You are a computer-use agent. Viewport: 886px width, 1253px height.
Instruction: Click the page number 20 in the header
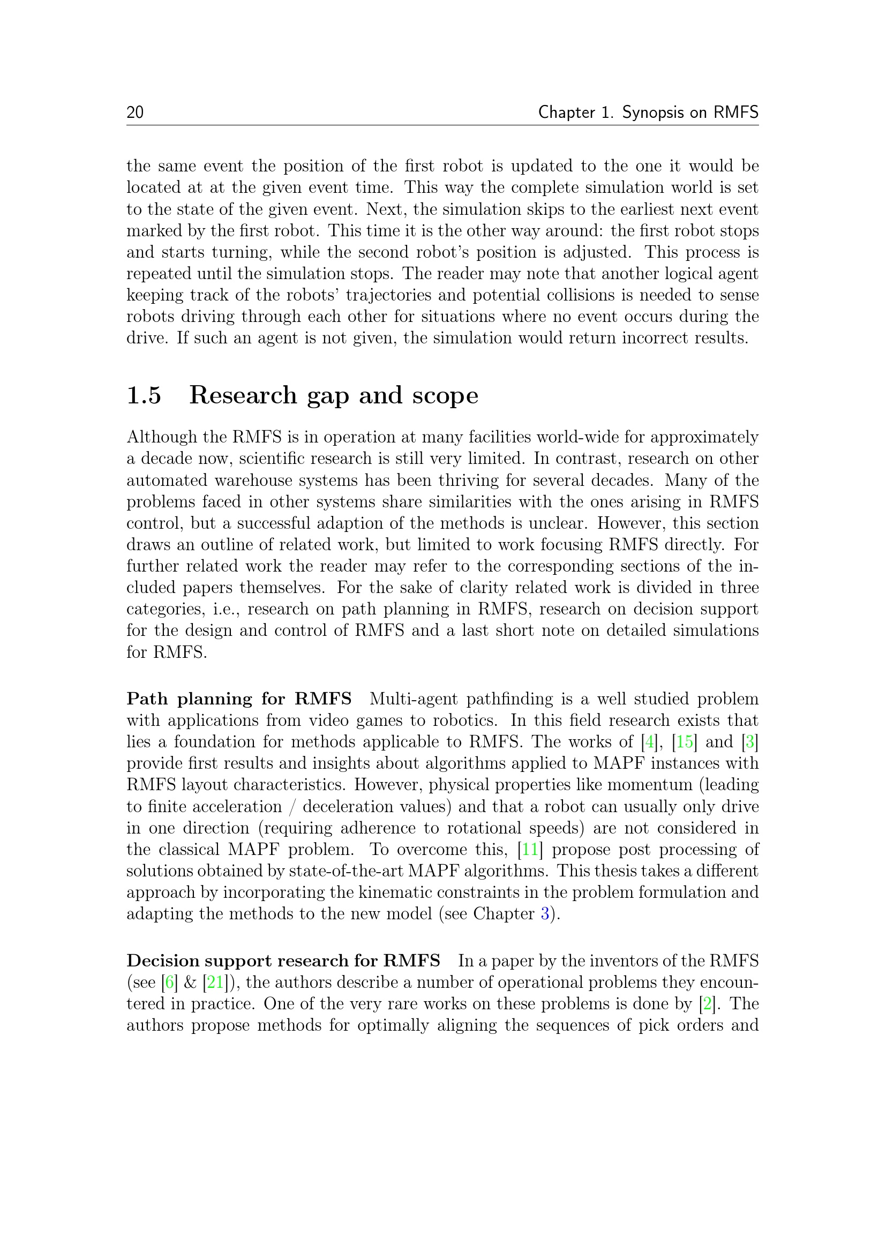[x=135, y=112]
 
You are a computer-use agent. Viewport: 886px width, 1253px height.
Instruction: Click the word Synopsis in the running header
[x=651, y=112]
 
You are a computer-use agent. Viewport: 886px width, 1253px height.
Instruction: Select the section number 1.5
[x=144, y=395]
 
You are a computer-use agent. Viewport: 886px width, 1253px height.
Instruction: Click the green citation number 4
[x=649, y=741]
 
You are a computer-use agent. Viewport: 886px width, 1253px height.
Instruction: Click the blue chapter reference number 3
[x=544, y=913]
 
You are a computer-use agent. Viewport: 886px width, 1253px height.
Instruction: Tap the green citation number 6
[x=169, y=982]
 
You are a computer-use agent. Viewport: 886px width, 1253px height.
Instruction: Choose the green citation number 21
[x=215, y=982]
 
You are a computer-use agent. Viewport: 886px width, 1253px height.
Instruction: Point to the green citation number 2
[x=708, y=1003]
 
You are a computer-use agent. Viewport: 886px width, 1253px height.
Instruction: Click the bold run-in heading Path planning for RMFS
[x=239, y=699]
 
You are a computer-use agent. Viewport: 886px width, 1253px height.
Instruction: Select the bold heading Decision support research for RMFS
[x=283, y=961]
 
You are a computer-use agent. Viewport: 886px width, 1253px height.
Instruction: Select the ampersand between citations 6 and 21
[x=190, y=982]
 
